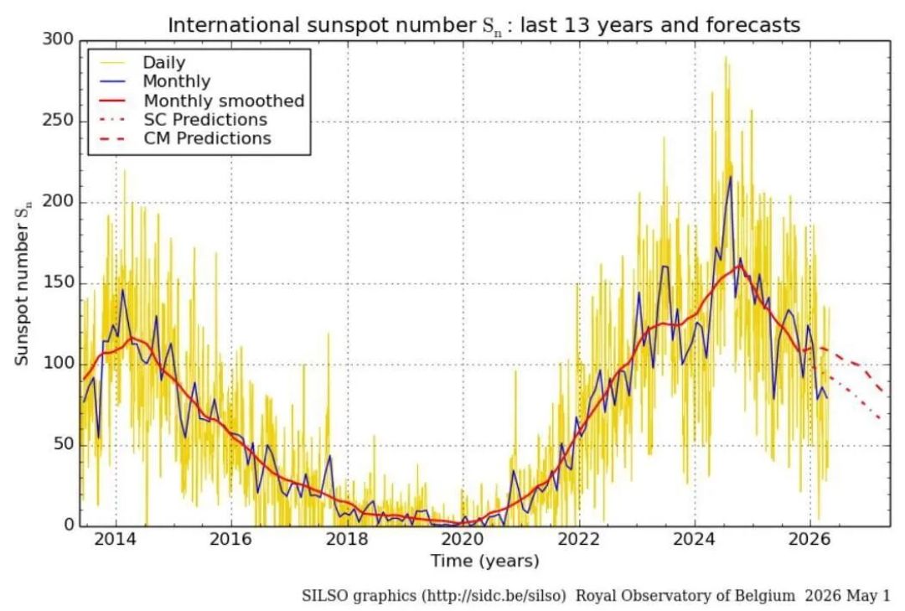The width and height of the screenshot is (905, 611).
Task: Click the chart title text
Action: tap(484, 25)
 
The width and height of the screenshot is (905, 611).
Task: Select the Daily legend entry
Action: tap(164, 62)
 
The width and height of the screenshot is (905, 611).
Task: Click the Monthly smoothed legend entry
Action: tap(224, 101)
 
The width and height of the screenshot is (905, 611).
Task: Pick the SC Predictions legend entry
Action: tap(205, 120)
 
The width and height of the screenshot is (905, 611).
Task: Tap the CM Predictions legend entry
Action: tap(207, 138)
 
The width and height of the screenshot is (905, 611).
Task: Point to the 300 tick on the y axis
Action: tap(59, 40)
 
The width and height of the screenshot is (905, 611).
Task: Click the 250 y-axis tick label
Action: tap(59, 122)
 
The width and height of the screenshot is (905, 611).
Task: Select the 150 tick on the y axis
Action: tap(59, 283)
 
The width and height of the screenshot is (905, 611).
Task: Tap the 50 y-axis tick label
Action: tap(64, 445)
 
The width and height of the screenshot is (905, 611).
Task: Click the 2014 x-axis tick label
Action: tap(116, 540)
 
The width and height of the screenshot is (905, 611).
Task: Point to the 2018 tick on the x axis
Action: tap(348, 540)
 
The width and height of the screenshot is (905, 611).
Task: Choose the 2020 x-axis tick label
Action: tap(463, 540)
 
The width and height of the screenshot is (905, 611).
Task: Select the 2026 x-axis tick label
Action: tap(810, 540)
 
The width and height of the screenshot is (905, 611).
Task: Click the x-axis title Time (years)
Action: tap(485, 561)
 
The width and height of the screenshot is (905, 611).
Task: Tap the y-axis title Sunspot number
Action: tap(22, 283)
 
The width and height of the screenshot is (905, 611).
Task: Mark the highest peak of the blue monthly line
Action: tap(731, 177)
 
